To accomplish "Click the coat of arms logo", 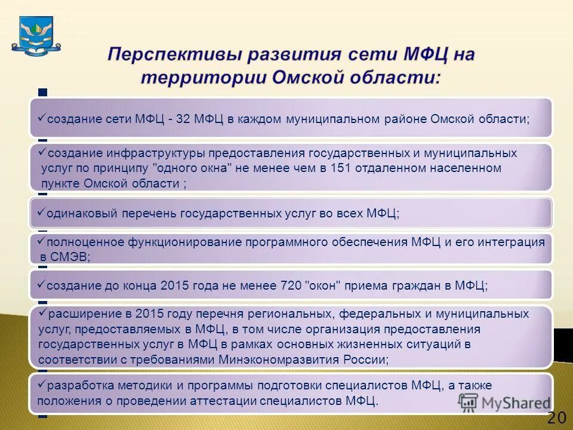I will pos(39,36).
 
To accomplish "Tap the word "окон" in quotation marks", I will pos(322,285).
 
